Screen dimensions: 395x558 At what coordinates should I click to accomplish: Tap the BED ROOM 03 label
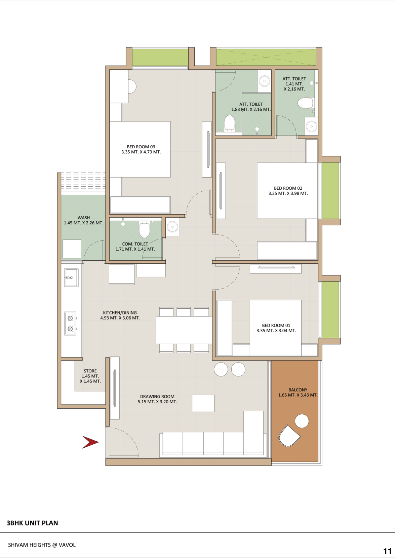point(141,149)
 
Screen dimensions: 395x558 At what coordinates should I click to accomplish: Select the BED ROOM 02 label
point(288,191)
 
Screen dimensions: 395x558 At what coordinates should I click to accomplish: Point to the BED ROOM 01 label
point(276,328)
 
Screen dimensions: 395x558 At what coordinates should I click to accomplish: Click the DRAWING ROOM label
point(157,399)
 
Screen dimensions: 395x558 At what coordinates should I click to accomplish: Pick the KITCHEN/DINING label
point(120,315)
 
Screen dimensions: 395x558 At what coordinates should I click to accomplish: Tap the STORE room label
point(90,376)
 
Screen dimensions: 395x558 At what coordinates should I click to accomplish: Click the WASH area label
point(83,220)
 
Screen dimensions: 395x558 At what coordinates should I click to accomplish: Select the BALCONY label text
point(298,392)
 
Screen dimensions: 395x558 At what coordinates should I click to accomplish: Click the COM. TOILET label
point(135,246)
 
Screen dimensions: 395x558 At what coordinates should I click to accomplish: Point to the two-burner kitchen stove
point(70,323)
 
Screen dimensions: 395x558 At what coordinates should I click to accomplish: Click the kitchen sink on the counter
point(71,277)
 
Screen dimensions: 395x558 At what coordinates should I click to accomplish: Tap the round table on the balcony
point(302,421)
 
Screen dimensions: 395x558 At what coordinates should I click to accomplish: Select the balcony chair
point(289,436)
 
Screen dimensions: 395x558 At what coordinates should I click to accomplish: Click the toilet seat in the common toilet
point(145,229)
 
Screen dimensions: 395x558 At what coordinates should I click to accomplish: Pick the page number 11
point(388,551)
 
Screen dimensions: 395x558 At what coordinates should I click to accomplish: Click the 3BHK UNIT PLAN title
point(32,523)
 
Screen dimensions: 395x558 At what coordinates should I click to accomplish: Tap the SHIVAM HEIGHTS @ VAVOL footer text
point(42,545)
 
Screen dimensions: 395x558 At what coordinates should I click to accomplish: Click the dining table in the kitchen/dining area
point(184,330)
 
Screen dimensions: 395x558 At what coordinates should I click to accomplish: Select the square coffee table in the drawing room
point(203,403)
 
